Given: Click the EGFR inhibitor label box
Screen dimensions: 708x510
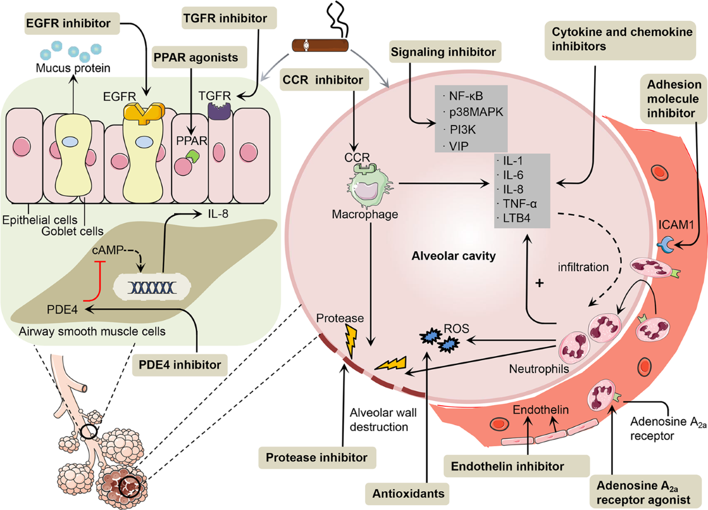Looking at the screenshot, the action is (x=72, y=24).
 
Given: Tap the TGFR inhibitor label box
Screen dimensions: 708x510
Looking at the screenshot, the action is (x=229, y=18).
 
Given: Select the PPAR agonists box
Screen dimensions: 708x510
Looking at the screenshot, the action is (x=199, y=57).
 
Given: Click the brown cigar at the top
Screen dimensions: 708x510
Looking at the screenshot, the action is (x=320, y=45).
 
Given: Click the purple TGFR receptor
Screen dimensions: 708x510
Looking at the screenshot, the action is (x=219, y=111).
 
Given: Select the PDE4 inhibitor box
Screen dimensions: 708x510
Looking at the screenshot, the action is (x=180, y=365).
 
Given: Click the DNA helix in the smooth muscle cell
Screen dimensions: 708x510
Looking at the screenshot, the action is (x=152, y=287).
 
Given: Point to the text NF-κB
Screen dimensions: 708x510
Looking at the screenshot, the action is (x=466, y=96).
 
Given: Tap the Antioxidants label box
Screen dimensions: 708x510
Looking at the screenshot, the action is (x=407, y=493).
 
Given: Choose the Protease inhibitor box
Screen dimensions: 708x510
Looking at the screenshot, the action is (x=317, y=458).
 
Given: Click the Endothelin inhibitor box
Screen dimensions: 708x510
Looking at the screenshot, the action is (x=516, y=466).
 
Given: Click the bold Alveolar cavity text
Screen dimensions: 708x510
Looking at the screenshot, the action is (x=454, y=256).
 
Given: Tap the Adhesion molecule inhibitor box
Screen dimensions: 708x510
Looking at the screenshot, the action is (x=673, y=99).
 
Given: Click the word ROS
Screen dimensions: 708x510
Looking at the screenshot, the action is (x=457, y=328).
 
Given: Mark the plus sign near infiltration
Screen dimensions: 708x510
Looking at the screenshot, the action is (x=539, y=282).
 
